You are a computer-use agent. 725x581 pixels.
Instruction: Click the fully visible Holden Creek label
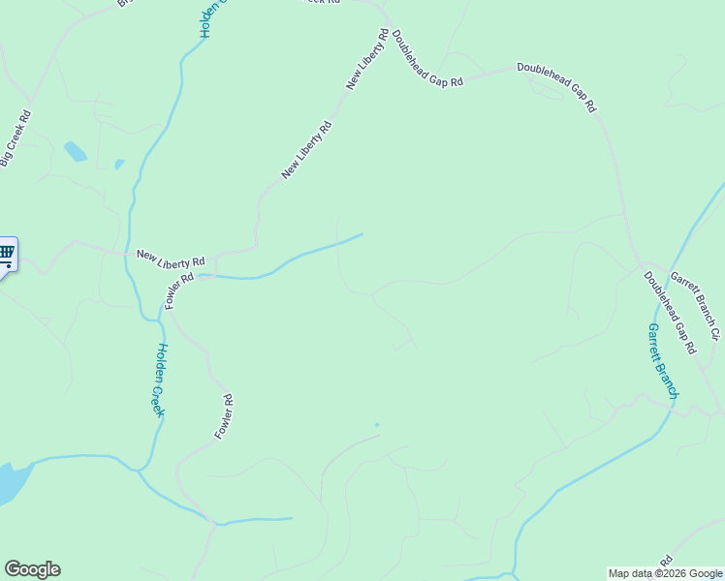pos(160,381)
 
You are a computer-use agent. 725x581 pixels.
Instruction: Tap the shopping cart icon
pos(6,255)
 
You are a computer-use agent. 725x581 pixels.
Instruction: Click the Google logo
pos(32,569)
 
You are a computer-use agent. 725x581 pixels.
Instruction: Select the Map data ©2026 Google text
pos(665,573)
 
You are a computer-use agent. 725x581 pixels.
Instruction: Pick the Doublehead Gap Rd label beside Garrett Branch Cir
pos(670,312)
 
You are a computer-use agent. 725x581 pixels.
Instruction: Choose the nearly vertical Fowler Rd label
pos(224,416)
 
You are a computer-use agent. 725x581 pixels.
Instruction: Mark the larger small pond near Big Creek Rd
pos(75,152)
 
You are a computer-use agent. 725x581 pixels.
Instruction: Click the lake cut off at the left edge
pos(12,482)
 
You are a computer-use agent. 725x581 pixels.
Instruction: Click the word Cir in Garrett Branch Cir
pos(714,332)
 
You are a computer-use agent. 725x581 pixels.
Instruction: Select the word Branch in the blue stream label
pos(667,377)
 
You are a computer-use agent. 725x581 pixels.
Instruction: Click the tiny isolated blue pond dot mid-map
pos(377,424)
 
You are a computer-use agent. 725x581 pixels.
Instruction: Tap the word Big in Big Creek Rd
pos(6,157)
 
